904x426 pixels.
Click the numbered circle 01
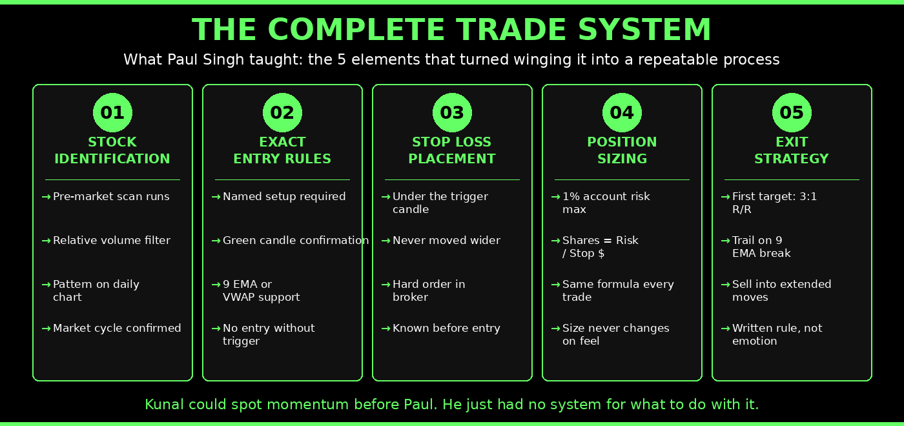(112, 113)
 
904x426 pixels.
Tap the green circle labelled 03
(452, 113)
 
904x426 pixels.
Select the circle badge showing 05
(792, 113)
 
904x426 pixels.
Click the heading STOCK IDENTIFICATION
(112, 150)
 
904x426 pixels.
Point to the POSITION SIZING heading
(622, 150)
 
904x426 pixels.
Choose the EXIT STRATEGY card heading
(792, 150)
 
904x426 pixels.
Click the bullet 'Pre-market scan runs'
(111, 197)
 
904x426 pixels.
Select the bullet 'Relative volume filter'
(112, 241)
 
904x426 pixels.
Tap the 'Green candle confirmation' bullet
(296, 241)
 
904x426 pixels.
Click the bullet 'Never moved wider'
(446, 241)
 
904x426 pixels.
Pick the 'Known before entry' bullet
(446, 329)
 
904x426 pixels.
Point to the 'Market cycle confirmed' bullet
(117, 329)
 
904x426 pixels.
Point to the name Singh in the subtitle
(222, 60)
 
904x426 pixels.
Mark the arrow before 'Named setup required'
(216, 197)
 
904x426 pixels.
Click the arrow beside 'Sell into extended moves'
(725, 285)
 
